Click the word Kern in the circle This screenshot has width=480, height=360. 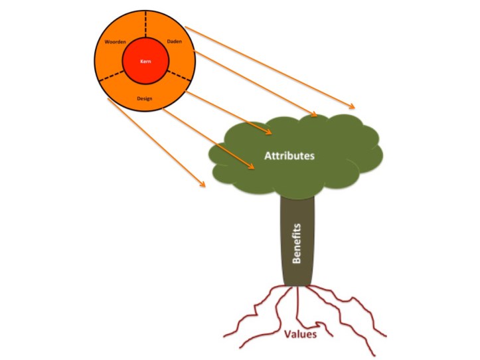(x=146, y=61)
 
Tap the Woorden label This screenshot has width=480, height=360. (x=116, y=42)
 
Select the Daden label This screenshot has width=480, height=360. (x=175, y=42)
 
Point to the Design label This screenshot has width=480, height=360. (x=145, y=98)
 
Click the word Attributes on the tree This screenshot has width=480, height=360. (x=289, y=155)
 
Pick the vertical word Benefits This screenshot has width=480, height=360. (x=297, y=243)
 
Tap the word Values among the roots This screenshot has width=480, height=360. (x=301, y=334)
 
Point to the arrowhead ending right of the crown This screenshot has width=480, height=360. (x=353, y=106)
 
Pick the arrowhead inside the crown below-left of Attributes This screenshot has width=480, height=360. (x=252, y=169)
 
